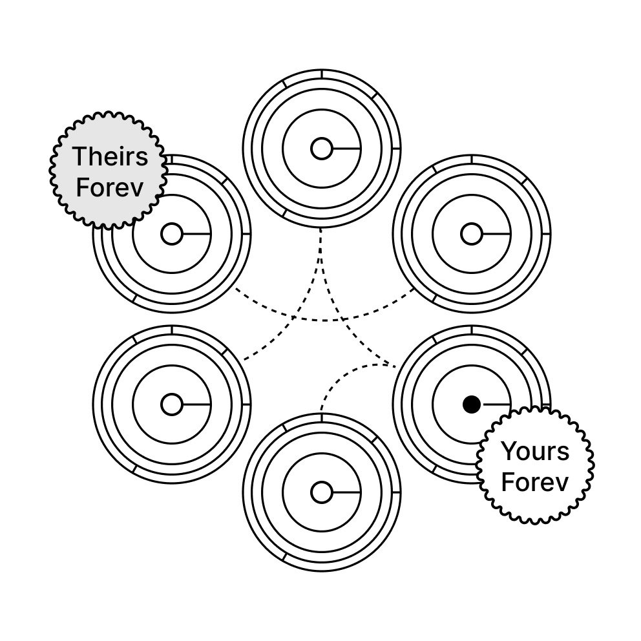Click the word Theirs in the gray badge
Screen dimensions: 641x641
point(110,157)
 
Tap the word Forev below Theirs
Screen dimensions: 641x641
point(110,187)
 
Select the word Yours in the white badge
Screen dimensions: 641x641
point(536,452)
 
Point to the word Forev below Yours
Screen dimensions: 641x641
point(536,483)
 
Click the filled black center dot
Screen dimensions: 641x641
point(472,405)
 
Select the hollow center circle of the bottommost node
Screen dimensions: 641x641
point(321,492)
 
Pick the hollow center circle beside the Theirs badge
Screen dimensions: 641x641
point(171,235)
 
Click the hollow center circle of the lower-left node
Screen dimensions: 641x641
point(171,405)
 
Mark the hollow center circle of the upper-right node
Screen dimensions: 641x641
point(472,235)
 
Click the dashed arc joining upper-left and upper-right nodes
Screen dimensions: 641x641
point(321,320)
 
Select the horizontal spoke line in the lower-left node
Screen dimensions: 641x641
point(196,405)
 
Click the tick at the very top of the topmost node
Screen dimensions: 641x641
point(321,74)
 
